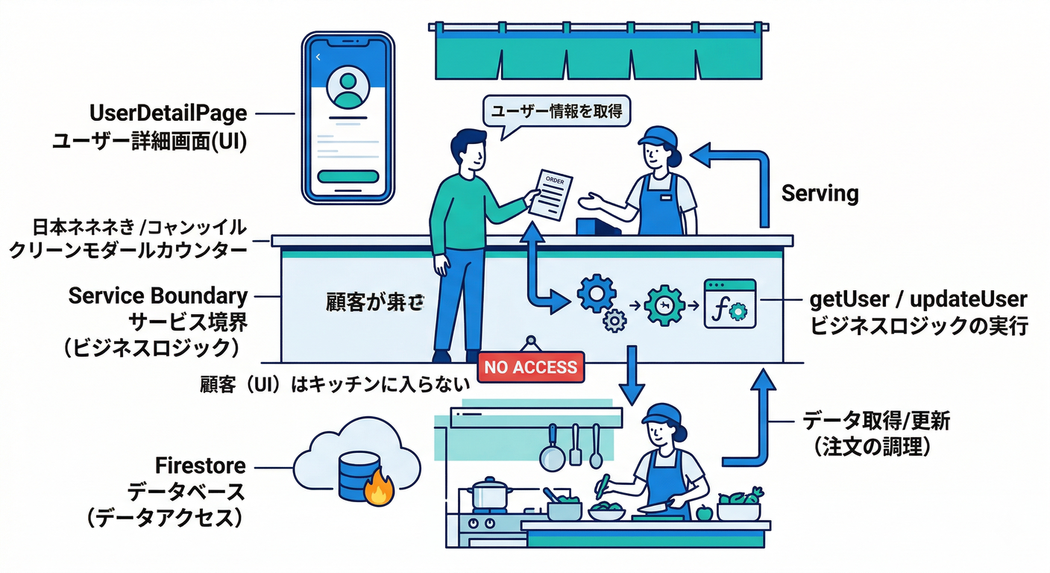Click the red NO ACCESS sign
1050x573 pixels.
(x=530, y=367)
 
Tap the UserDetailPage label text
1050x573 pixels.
(x=168, y=113)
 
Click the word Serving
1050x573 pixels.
(x=820, y=194)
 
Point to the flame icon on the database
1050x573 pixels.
(x=379, y=489)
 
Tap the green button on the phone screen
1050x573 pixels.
(x=347, y=177)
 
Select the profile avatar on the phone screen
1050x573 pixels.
(x=347, y=89)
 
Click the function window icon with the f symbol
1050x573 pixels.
(x=729, y=303)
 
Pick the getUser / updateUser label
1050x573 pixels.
(x=919, y=300)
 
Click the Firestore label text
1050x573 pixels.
(x=200, y=466)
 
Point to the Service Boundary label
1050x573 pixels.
(x=157, y=295)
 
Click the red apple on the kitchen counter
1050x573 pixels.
(x=703, y=513)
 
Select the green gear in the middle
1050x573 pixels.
(x=662, y=304)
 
